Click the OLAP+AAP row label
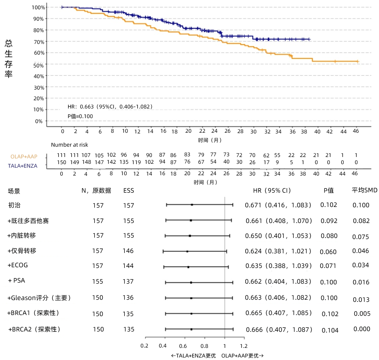coord(24,156)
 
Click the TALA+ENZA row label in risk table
coord(23,166)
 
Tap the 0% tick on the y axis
coord(39,121)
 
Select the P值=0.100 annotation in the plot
coord(80,116)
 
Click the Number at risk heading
coord(70,145)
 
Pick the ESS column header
coord(129,191)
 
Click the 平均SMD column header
coord(364,190)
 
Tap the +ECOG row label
coord(18,265)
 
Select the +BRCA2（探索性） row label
coord(34,329)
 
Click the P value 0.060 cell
coord(328,252)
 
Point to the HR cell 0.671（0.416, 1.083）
coord(278,205)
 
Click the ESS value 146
coord(128,251)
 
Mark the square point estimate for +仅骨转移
coord(187,252)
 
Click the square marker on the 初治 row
coord(192,205)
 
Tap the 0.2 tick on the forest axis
coord(144,346)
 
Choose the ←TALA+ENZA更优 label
coord(194,356)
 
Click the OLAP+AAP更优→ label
coord(242,356)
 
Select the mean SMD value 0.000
coord(362,329)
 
